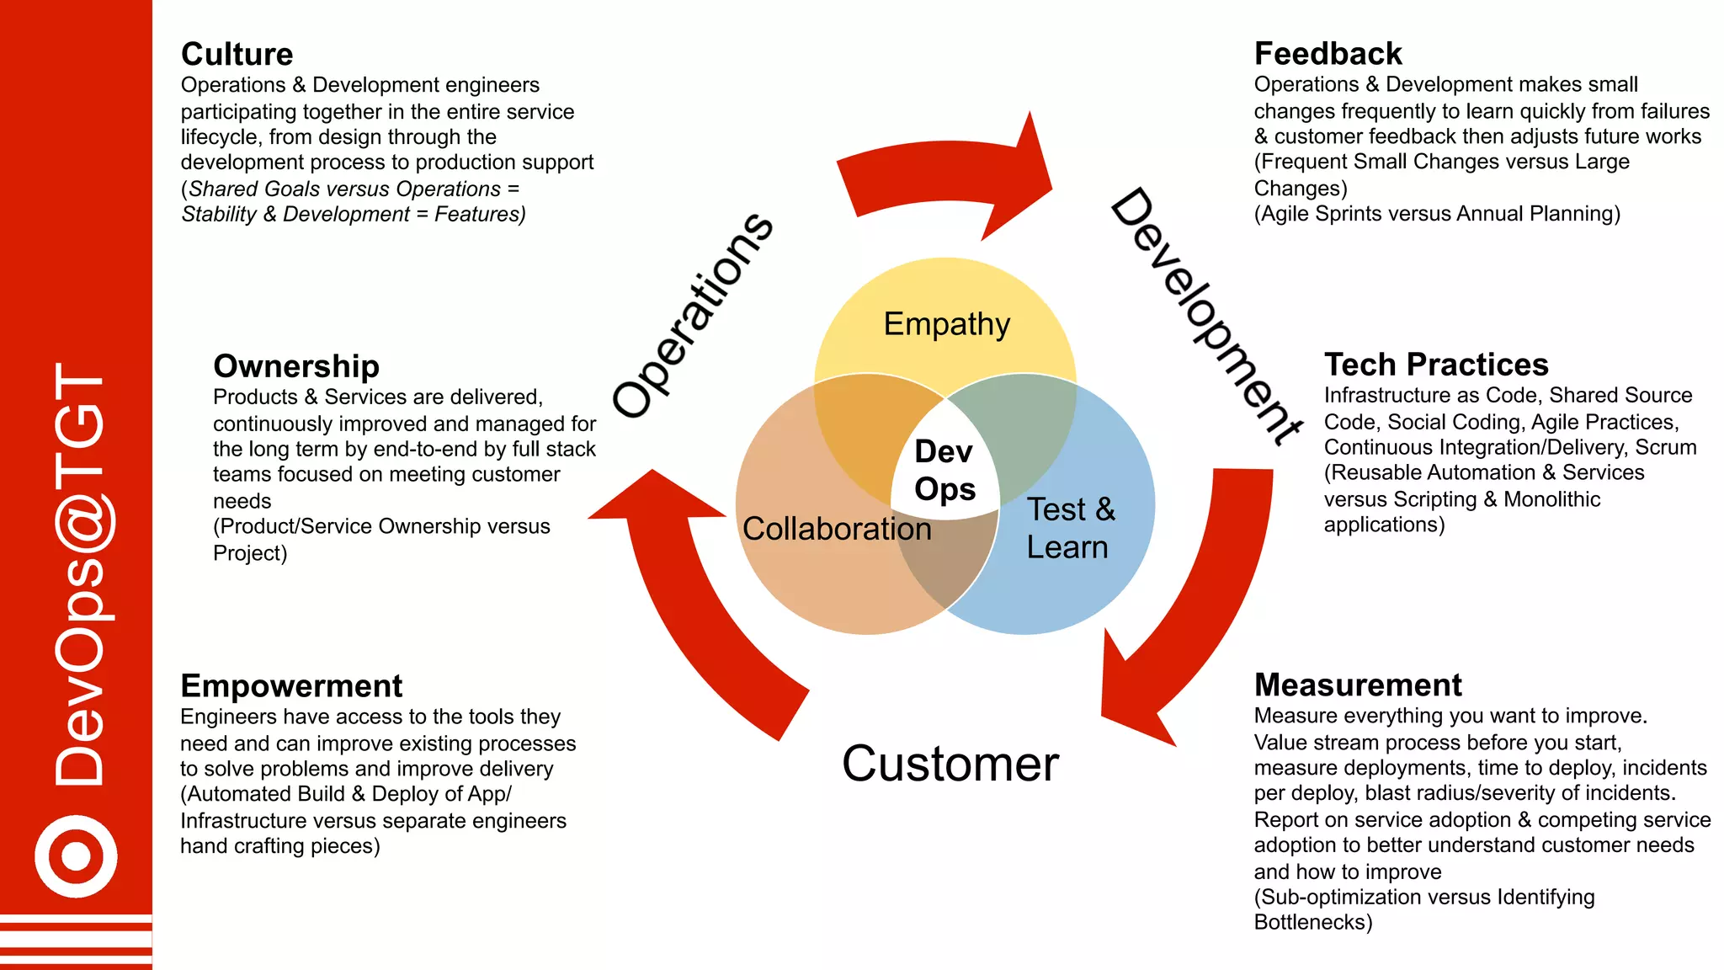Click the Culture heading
[237, 55]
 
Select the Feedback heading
[1328, 54]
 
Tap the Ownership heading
[296, 366]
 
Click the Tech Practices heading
[1436, 365]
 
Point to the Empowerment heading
[291, 686]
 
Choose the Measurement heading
[1358, 685]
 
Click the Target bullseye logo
[76, 856]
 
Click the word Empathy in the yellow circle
[946, 324]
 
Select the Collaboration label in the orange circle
[837, 529]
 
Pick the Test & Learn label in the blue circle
[1070, 528]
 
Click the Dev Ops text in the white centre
[944, 470]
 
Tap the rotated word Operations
[692, 316]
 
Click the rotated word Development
[1205, 316]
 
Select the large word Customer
[950, 764]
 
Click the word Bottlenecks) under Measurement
[1312, 923]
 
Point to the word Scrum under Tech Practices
[1665, 448]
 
